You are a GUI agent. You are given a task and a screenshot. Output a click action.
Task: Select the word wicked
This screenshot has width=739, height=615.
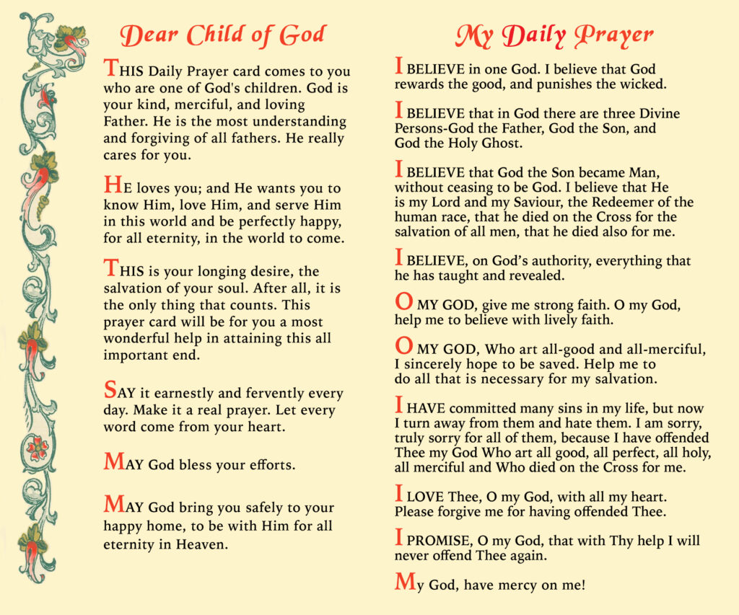point(640,84)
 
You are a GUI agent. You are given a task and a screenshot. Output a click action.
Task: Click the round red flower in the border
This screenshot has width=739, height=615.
point(36,448)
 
